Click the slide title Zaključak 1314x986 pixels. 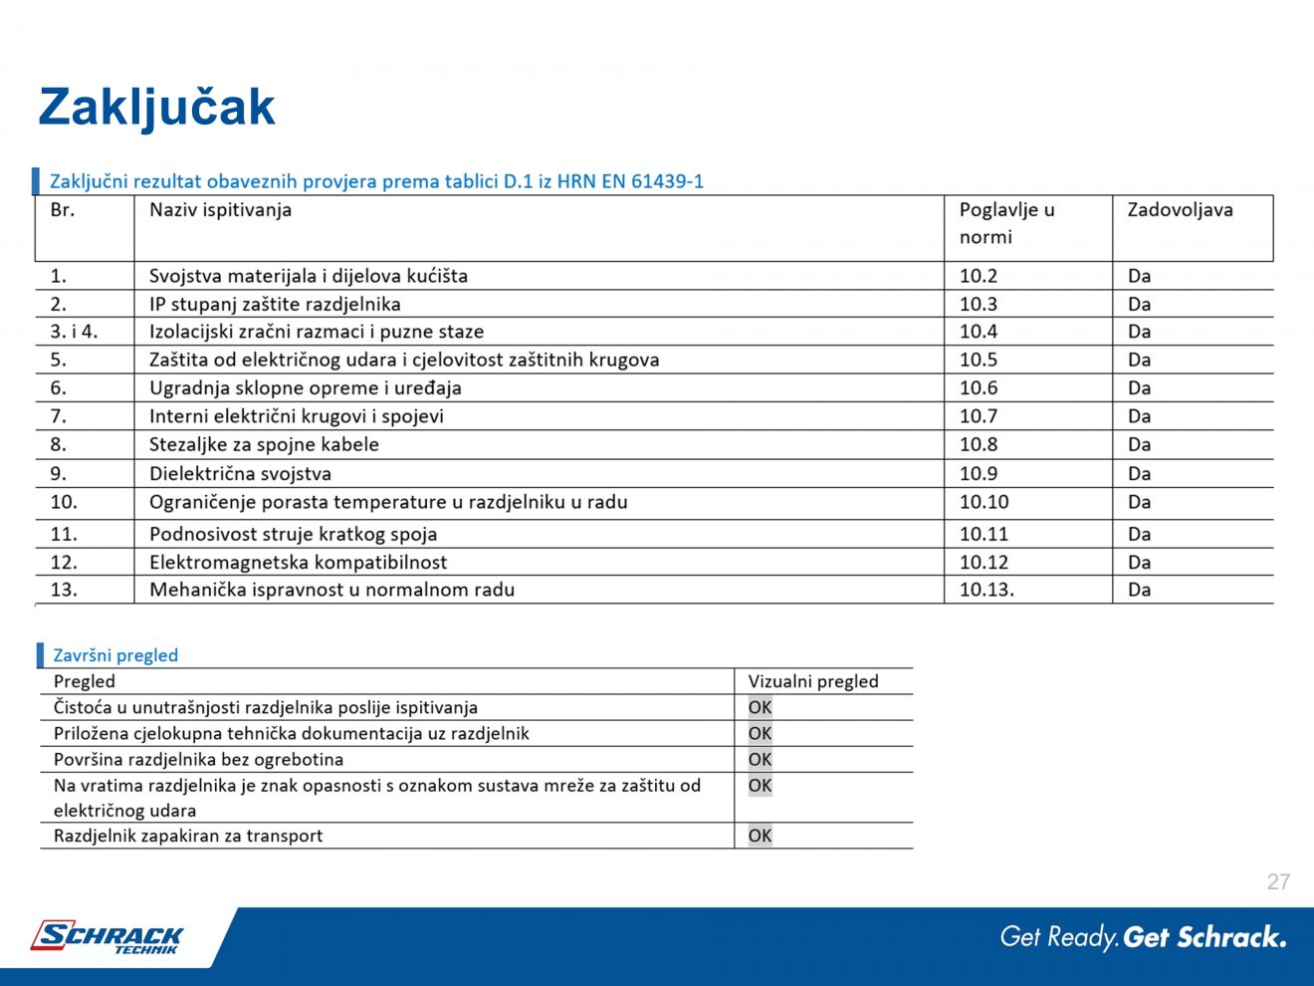coord(156,108)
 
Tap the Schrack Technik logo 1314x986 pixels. coord(108,937)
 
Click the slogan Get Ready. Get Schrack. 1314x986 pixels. coord(1143,937)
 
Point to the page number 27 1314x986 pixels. coord(1278,881)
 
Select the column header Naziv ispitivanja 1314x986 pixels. coord(220,210)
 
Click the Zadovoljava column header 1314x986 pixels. coord(1180,210)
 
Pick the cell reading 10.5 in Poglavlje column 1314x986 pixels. coord(978,360)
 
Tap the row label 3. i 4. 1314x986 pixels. coord(74,332)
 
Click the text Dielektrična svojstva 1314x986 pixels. coord(240,474)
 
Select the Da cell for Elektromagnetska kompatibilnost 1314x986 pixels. coord(1139,563)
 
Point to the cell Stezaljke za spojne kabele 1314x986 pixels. coord(264,445)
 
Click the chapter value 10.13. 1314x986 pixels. coord(986,590)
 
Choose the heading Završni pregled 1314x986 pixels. coord(115,655)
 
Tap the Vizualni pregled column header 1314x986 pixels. coord(813,681)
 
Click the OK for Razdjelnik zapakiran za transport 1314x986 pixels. coord(760,836)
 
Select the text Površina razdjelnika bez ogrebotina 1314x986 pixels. coord(198,759)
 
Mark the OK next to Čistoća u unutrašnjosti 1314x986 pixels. coord(760,707)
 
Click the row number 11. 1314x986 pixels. coord(64,534)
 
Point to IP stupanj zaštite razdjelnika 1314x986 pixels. coord(275,304)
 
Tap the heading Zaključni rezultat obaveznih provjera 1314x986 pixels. coord(376,181)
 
